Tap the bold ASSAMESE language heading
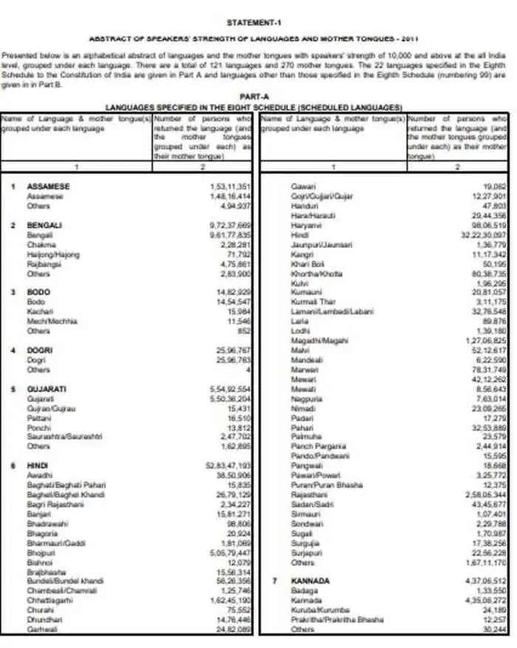coord(48,187)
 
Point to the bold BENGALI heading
coord(45,225)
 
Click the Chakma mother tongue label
coord(40,244)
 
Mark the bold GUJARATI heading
coord(47,388)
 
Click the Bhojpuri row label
coord(39,551)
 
